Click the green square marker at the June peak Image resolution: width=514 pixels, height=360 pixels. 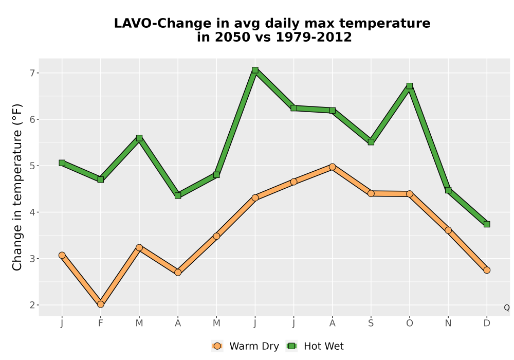coord(255,70)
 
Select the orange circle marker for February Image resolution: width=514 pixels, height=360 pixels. coord(101,304)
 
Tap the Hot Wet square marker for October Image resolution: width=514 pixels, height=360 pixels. coord(410,86)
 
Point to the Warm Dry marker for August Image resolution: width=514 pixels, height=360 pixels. coord(332,167)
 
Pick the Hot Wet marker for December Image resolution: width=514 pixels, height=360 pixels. coord(487,224)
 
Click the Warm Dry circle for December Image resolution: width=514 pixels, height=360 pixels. coord(487,270)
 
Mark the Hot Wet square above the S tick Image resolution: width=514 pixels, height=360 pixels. coord(371,142)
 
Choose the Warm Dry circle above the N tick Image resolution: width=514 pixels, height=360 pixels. coord(448,230)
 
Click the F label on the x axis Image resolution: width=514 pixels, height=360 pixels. coord(101,323)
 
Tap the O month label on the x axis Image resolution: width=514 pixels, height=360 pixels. coord(410,323)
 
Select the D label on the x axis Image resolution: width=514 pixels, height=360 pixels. coord(487,323)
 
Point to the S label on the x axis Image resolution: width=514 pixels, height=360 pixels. coord(371,323)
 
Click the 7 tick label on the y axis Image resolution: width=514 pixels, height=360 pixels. coord(32,73)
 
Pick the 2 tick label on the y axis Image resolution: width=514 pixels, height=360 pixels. coord(32,305)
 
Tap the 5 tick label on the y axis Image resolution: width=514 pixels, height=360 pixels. coord(32,166)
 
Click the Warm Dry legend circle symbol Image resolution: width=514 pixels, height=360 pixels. coord(217,346)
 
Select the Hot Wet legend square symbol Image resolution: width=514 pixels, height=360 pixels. coord(291,346)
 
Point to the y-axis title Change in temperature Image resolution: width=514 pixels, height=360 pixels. coord(17,187)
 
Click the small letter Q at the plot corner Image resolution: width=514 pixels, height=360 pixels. coord(507,308)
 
